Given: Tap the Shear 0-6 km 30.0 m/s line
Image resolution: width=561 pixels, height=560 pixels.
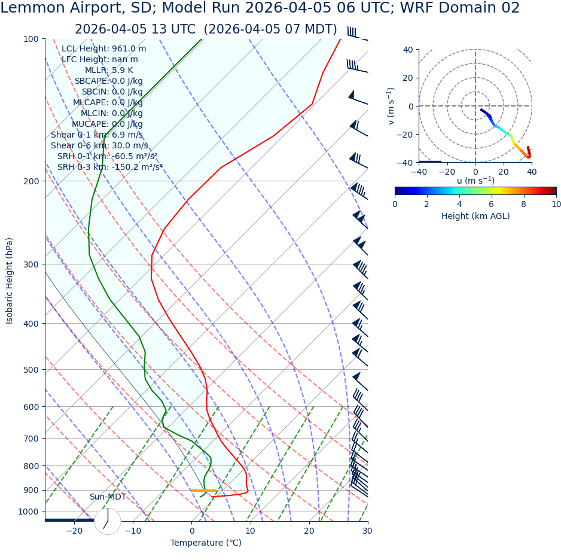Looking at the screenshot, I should coord(99,145).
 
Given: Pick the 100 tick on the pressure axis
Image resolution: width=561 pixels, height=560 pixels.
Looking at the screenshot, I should coord(31,39).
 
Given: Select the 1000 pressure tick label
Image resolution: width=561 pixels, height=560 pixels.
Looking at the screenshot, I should coord(28,512).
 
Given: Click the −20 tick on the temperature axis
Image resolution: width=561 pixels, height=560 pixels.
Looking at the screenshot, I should coord(74,531).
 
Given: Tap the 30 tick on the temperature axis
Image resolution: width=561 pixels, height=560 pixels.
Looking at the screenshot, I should coord(367,531).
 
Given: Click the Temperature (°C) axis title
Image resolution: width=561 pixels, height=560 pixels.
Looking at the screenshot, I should coord(206,543).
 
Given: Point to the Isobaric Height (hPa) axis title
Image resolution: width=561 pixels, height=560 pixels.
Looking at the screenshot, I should coord(10,281).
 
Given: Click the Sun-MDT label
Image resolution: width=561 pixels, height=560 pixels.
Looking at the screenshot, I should coord(108,497).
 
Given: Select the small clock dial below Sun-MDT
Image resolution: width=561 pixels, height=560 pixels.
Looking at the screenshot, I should coord(108,521).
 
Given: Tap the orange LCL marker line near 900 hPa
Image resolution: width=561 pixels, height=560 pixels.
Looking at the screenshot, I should coord(203,491).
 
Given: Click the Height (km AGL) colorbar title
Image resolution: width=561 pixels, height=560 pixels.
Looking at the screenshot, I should coord(475,216).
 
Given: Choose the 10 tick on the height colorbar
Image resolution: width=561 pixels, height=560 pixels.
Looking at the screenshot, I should coord(556,204).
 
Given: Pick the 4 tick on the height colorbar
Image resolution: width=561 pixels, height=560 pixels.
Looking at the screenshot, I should coord(459,204).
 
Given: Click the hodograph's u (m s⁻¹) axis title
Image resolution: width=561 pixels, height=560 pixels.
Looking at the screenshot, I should coord(475,181).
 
